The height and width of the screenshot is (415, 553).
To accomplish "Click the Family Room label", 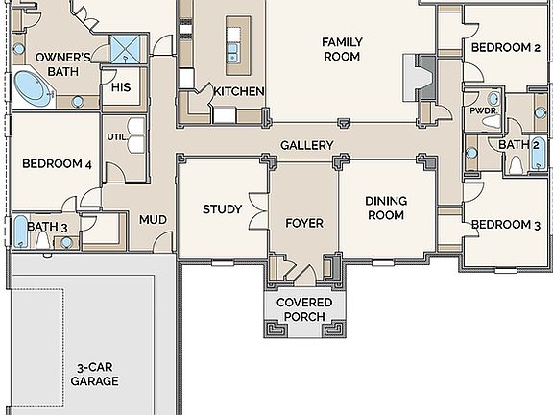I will [341, 49].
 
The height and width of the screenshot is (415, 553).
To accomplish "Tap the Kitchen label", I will [238, 91].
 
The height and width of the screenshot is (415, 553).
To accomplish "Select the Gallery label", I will [307, 146].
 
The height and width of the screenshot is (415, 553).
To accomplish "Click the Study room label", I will [222, 209].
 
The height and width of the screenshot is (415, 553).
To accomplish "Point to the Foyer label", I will [304, 223].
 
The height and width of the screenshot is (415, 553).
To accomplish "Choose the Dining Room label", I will [386, 208].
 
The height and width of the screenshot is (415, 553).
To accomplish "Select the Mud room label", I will [153, 220].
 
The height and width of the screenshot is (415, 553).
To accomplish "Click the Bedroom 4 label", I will [57, 164].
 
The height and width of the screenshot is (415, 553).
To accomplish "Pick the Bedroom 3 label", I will [505, 225].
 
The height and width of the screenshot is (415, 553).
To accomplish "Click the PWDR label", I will [483, 110].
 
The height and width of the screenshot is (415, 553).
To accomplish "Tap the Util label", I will [115, 136].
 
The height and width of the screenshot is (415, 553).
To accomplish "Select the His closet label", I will [121, 87].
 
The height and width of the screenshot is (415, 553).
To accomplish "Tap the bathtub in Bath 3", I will [20, 232].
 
